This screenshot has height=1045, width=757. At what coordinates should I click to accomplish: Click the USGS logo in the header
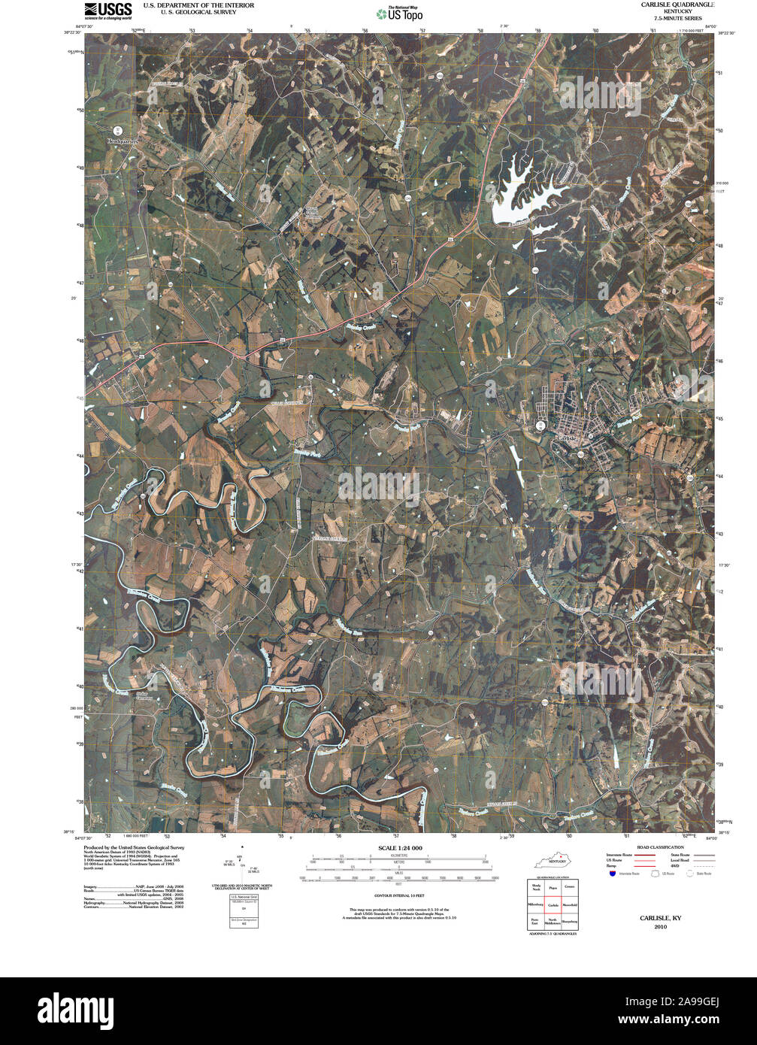tap(107, 11)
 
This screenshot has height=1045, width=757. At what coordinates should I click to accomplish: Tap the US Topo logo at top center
tap(400, 12)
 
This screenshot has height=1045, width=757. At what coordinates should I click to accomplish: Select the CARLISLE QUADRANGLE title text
tap(672, 5)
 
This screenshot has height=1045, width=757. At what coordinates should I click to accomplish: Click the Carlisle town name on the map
tap(566, 438)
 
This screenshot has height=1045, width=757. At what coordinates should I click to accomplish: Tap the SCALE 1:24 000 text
tap(400, 848)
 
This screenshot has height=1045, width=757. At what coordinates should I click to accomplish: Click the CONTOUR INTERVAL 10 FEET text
tap(400, 896)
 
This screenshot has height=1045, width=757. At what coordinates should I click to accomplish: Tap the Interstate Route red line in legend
tap(645, 856)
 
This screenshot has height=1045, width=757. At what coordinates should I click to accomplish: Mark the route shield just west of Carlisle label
tap(540, 426)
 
